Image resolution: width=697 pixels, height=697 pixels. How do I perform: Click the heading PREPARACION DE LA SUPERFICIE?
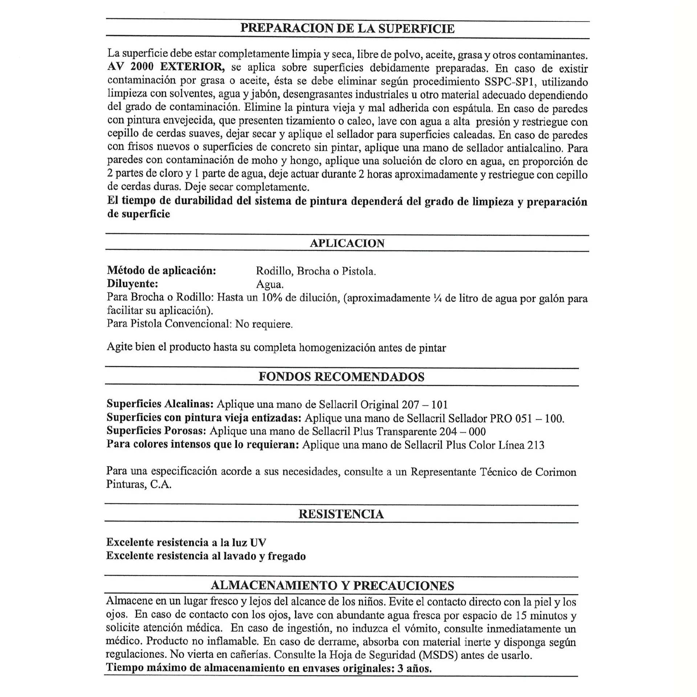pyautogui.click(x=347, y=28)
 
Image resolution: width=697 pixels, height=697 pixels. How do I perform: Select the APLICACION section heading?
pyautogui.click(x=347, y=243)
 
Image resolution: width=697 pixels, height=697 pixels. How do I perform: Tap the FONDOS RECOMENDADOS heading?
pyautogui.click(x=341, y=377)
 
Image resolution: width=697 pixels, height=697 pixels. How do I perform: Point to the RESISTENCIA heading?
pyautogui.click(x=341, y=514)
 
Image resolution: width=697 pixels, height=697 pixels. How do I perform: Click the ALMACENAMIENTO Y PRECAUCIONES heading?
pyautogui.click(x=332, y=586)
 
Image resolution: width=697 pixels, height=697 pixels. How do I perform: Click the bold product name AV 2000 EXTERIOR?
pyautogui.click(x=166, y=67)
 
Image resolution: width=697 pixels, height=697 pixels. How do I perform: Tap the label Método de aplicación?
pyautogui.click(x=162, y=270)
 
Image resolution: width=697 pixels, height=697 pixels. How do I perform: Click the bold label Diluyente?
pyautogui.click(x=133, y=284)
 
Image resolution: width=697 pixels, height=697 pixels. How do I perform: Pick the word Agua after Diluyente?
pyautogui.click(x=270, y=284)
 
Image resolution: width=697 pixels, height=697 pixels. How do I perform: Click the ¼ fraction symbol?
pyautogui.click(x=437, y=298)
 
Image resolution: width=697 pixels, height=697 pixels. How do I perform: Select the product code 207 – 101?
pyautogui.click(x=425, y=404)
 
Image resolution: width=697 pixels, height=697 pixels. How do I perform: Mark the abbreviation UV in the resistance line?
pyautogui.click(x=258, y=542)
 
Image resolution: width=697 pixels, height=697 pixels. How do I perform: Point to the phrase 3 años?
pyautogui.click(x=414, y=668)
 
